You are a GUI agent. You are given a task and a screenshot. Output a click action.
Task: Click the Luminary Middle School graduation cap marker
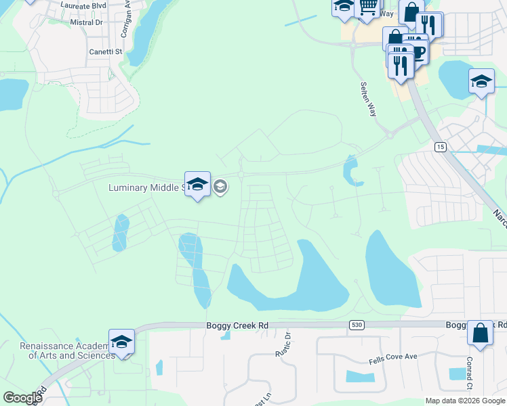coord(197,185)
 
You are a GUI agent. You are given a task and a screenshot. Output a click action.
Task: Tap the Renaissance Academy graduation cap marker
coord(121,342)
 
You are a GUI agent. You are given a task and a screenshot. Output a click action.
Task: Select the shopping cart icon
coord(367,7)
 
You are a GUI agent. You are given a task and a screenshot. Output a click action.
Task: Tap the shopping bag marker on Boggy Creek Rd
coord(480,333)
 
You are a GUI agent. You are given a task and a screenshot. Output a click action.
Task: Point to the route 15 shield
coord(441,147)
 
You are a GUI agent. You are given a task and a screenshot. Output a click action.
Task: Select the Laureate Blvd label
coord(84,5)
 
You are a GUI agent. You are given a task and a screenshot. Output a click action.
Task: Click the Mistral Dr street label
coord(86,22)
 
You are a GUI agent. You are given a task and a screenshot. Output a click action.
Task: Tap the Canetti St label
coord(104,51)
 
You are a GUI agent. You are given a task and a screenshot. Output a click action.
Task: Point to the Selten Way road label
coord(368,99)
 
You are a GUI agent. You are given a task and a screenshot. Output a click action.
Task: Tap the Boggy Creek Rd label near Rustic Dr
coord(237,325)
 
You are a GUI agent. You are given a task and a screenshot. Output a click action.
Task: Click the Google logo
coord(22,398)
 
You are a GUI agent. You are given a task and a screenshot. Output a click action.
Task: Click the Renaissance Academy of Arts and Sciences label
coord(66,351)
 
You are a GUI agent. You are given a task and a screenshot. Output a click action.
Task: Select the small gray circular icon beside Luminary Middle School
coord(220,187)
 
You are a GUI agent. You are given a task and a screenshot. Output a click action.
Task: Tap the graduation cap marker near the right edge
coord(481,83)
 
